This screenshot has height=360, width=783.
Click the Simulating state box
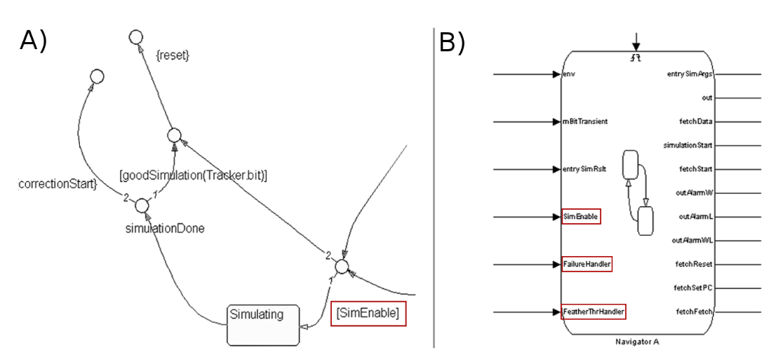click(x=263, y=325)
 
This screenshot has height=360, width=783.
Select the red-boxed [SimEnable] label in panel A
click(x=368, y=314)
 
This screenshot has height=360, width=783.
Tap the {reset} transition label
click(x=172, y=55)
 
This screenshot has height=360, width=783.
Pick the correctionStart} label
click(x=58, y=185)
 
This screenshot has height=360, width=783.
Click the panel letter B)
click(x=452, y=43)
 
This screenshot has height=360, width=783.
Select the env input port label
click(x=569, y=73)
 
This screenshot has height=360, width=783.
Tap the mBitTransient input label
click(x=585, y=121)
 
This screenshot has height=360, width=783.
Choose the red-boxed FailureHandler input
click(x=587, y=265)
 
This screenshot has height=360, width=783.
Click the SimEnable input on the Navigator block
click(x=580, y=217)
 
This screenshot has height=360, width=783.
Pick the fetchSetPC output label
click(x=695, y=288)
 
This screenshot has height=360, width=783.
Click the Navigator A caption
click(x=637, y=342)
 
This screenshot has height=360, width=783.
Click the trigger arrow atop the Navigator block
click(x=636, y=41)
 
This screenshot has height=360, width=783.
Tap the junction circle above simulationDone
click(x=142, y=205)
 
